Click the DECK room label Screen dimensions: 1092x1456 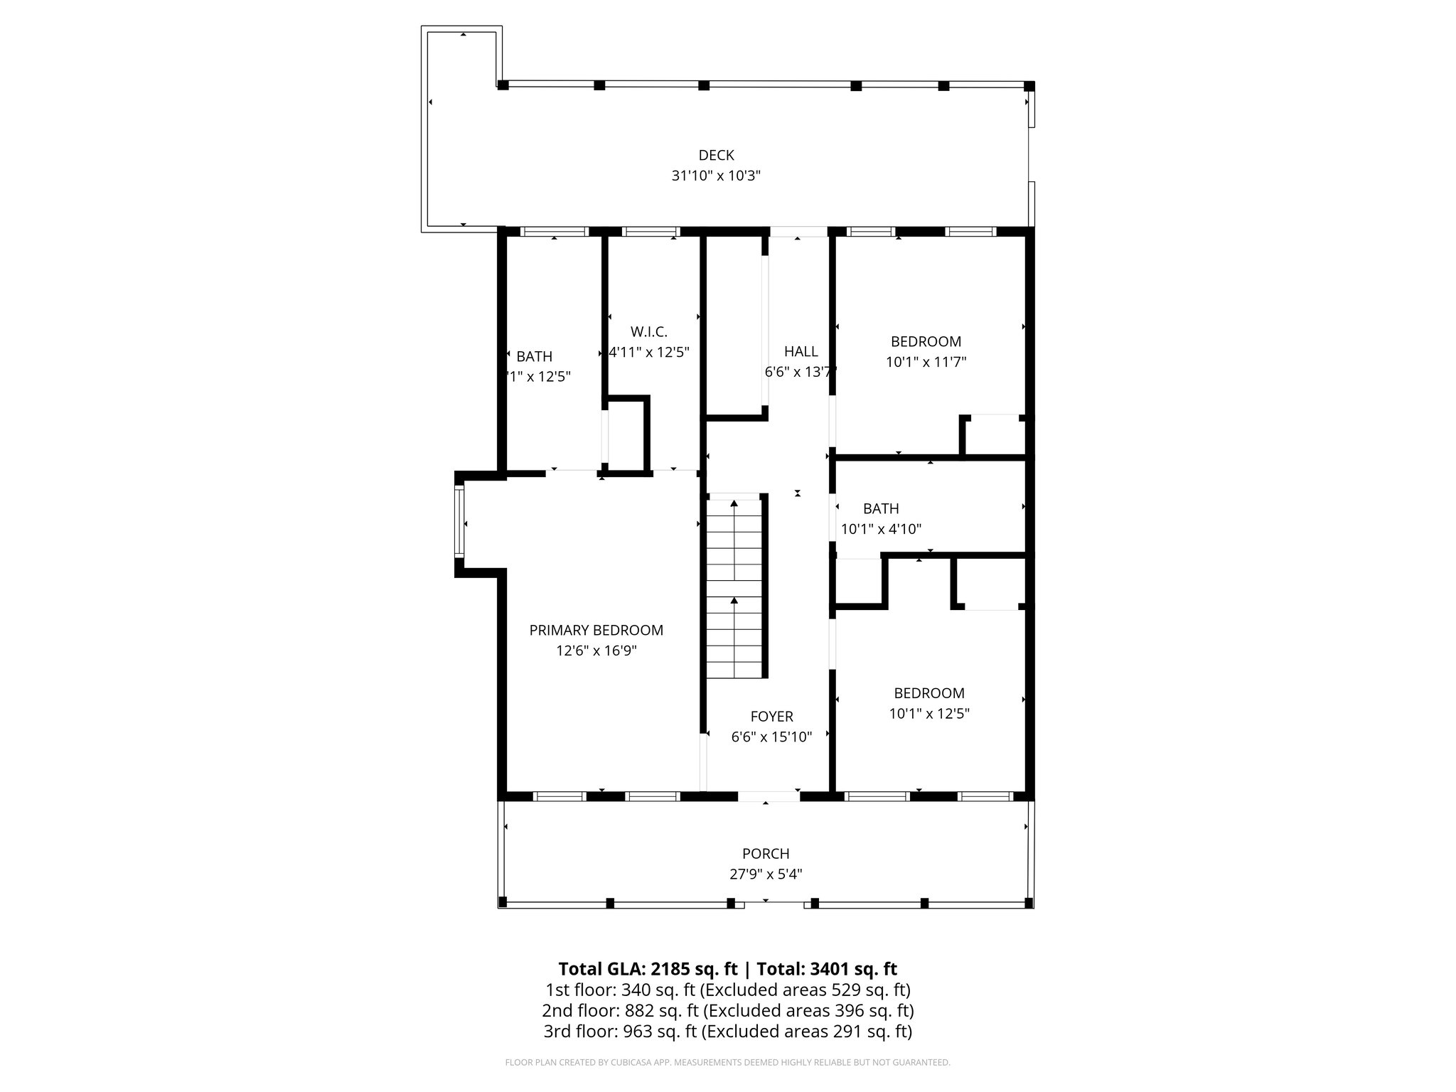[716, 155]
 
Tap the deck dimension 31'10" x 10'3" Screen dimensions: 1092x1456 [716, 176]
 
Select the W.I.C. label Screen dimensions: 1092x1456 [648, 331]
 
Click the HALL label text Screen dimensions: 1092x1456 [801, 351]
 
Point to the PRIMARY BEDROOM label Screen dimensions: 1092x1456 [596, 630]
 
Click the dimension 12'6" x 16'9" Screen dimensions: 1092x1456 [596, 651]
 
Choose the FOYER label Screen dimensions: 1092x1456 [771, 717]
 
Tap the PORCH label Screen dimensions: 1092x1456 [766, 853]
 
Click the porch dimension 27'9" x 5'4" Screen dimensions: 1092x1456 [766, 874]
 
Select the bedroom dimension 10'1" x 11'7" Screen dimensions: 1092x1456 [926, 362]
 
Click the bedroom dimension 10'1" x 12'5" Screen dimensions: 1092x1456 [928, 713]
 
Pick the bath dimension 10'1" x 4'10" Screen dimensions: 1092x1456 [881, 529]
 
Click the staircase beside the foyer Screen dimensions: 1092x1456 [735, 587]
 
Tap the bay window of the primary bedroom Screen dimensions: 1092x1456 [460, 523]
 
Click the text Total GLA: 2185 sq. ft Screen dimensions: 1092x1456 [648, 969]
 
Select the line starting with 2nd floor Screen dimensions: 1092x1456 [727, 1010]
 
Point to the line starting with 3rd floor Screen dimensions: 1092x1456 [727, 1031]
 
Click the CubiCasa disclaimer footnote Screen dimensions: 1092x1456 [727, 1062]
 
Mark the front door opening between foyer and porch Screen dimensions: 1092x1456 [769, 796]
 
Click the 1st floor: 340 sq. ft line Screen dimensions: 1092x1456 [727, 990]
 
